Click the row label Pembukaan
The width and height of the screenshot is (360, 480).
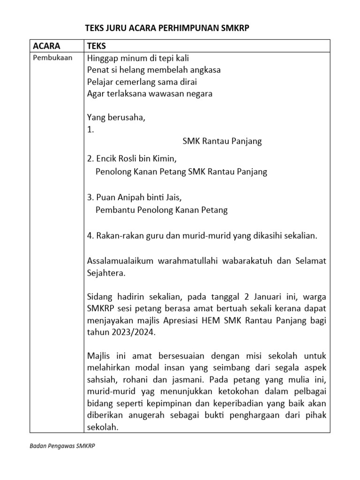click(x=51, y=58)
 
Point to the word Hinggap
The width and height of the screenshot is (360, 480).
click(x=102, y=58)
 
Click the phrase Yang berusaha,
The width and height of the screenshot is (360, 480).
click(x=116, y=118)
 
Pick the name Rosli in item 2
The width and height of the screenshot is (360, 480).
click(x=129, y=159)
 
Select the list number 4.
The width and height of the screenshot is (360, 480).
click(x=90, y=236)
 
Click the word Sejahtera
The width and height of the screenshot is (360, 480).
click(x=106, y=272)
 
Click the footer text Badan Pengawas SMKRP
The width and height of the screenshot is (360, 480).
click(x=62, y=447)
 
